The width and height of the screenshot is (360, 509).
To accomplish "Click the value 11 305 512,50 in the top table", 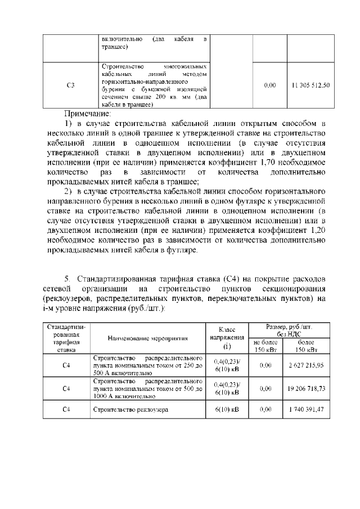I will pyautogui.click(x=310, y=85).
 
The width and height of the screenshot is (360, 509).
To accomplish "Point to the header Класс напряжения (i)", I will pyautogui.click(x=227, y=338).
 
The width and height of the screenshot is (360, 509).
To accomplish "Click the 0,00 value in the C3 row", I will pyautogui.click(x=270, y=85).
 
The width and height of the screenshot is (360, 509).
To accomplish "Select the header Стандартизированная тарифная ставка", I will pyautogui.click(x=66, y=338).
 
